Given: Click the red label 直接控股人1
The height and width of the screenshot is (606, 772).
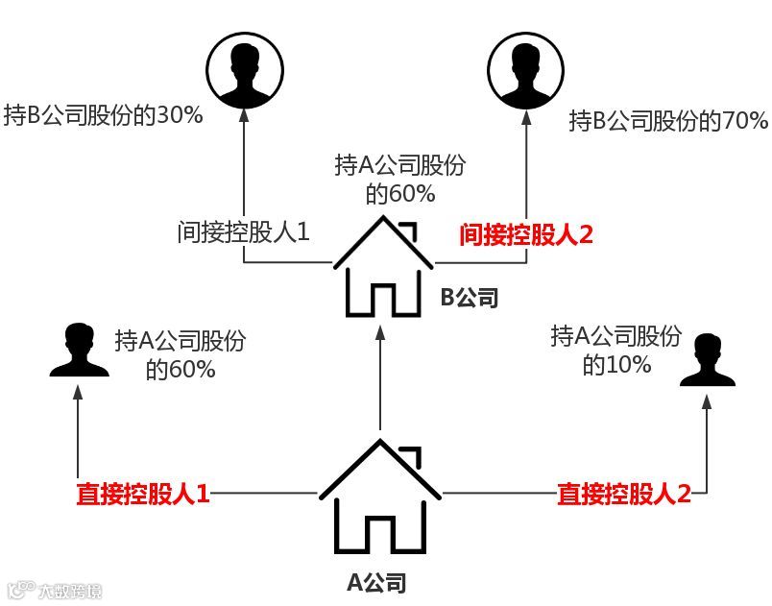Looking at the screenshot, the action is click(x=143, y=495).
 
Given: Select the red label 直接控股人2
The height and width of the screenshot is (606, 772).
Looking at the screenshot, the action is click(x=624, y=495).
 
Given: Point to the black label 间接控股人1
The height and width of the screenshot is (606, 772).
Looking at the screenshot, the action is click(x=243, y=232).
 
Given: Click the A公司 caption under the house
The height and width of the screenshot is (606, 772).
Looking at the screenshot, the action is click(x=376, y=582).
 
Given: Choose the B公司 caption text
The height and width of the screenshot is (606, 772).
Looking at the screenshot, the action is click(x=470, y=297).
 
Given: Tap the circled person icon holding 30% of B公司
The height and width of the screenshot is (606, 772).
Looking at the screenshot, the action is click(x=243, y=70).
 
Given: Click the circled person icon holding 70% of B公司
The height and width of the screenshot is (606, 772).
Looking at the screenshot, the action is click(x=525, y=70).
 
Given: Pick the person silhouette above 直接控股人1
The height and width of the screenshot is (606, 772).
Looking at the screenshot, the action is click(x=79, y=353).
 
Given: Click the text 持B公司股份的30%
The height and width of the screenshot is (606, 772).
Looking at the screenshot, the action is click(x=103, y=117).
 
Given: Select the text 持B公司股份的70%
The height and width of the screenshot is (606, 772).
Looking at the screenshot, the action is click(x=668, y=122).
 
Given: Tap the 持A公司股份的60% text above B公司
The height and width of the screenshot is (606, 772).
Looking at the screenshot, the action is click(x=399, y=180).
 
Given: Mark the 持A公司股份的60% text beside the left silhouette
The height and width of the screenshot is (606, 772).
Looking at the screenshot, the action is click(x=181, y=353).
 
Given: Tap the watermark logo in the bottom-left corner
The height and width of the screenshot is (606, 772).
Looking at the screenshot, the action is click(x=53, y=589).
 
